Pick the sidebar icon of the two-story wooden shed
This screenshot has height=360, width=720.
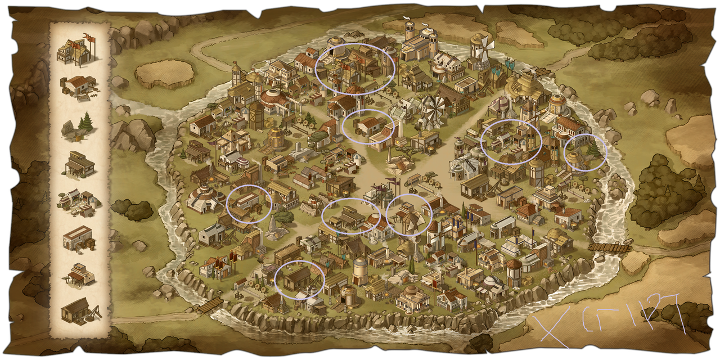click(x=78, y=164)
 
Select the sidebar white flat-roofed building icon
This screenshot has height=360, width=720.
click(x=78, y=238)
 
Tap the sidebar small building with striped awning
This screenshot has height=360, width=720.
click(x=78, y=274)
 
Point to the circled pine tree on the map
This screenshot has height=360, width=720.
click(x=591, y=150)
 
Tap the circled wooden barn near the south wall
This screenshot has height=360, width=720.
click(x=298, y=278)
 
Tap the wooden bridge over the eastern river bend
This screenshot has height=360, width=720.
click(x=610, y=247)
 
